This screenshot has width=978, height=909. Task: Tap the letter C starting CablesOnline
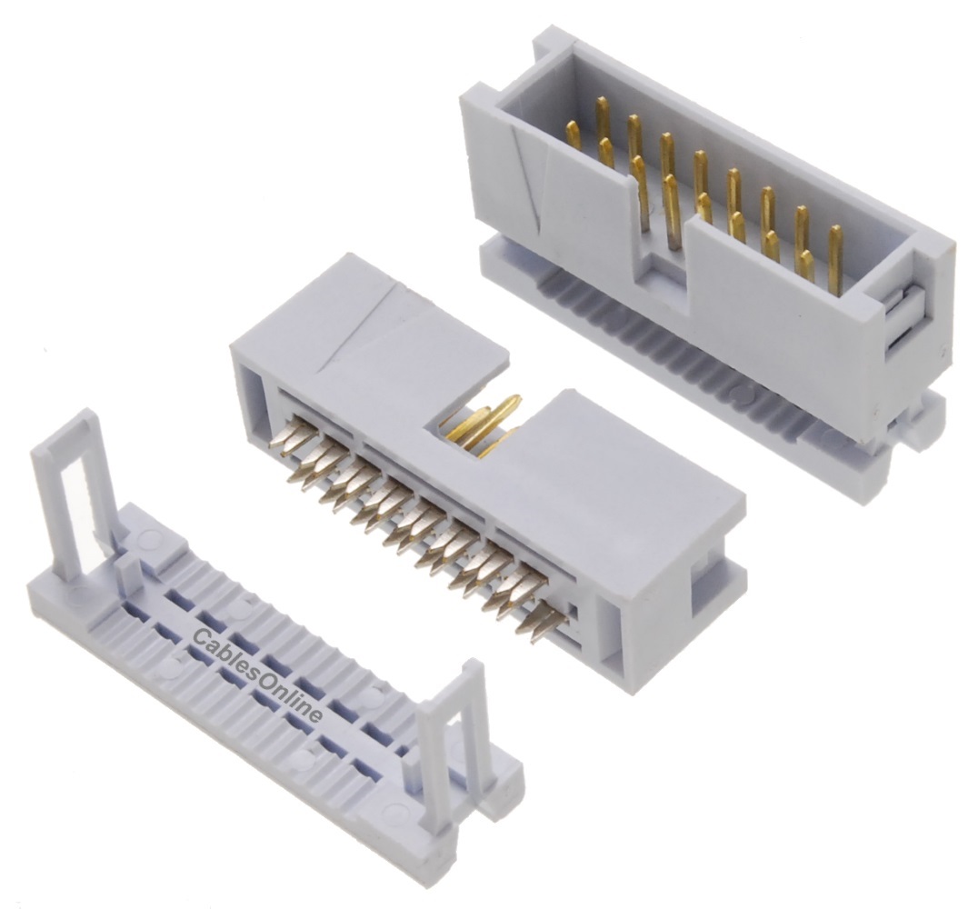click(x=201, y=637)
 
